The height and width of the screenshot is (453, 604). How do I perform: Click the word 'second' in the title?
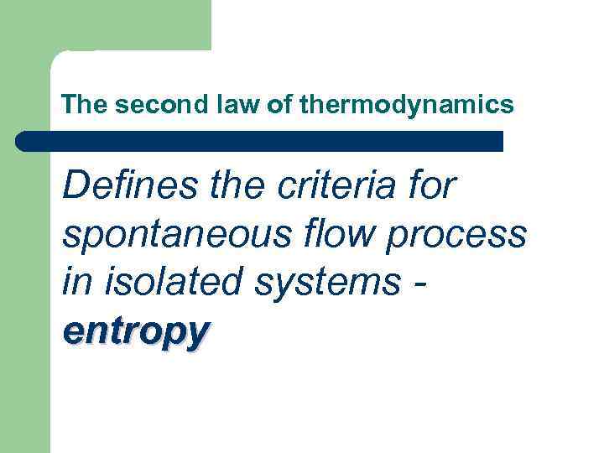149,105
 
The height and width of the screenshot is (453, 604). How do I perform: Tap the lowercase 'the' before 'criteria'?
235,186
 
